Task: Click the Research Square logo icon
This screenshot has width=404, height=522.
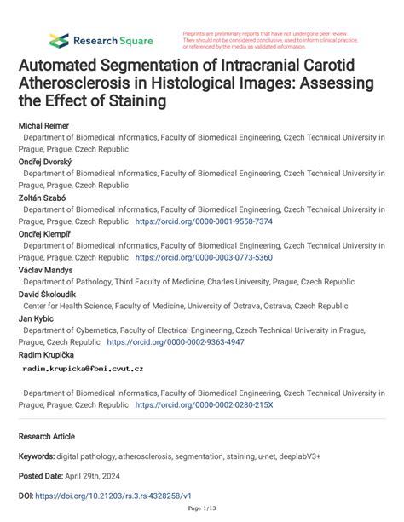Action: pos(58,39)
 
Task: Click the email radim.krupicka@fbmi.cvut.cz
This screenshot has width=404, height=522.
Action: pos(82,369)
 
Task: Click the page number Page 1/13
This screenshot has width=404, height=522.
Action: pos(202,511)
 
